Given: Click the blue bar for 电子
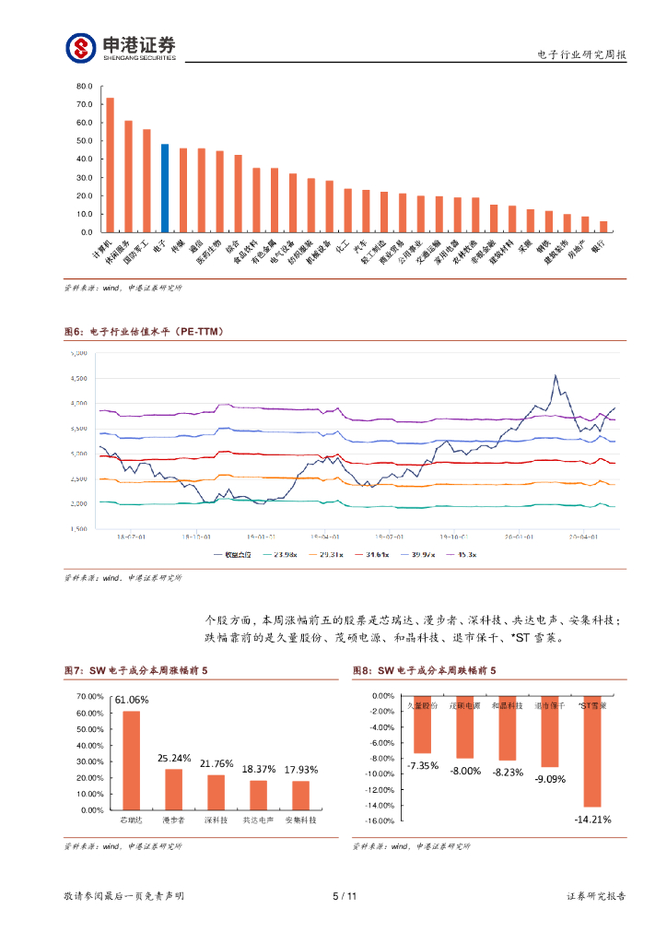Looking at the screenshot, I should [x=165, y=188].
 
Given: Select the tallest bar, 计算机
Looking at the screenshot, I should [x=110, y=165].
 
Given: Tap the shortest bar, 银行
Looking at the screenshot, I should [x=603, y=227].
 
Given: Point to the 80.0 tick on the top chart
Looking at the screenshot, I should [x=85, y=86].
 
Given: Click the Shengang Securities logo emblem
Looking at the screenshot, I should [x=80, y=47].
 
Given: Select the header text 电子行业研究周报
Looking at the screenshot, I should [x=581, y=55].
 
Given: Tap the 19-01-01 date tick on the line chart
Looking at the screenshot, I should [x=261, y=536].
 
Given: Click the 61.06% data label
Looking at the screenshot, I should [x=132, y=700].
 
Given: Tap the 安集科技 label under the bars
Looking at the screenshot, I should [x=300, y=819].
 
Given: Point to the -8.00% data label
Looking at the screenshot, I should [x=465, y=771].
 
